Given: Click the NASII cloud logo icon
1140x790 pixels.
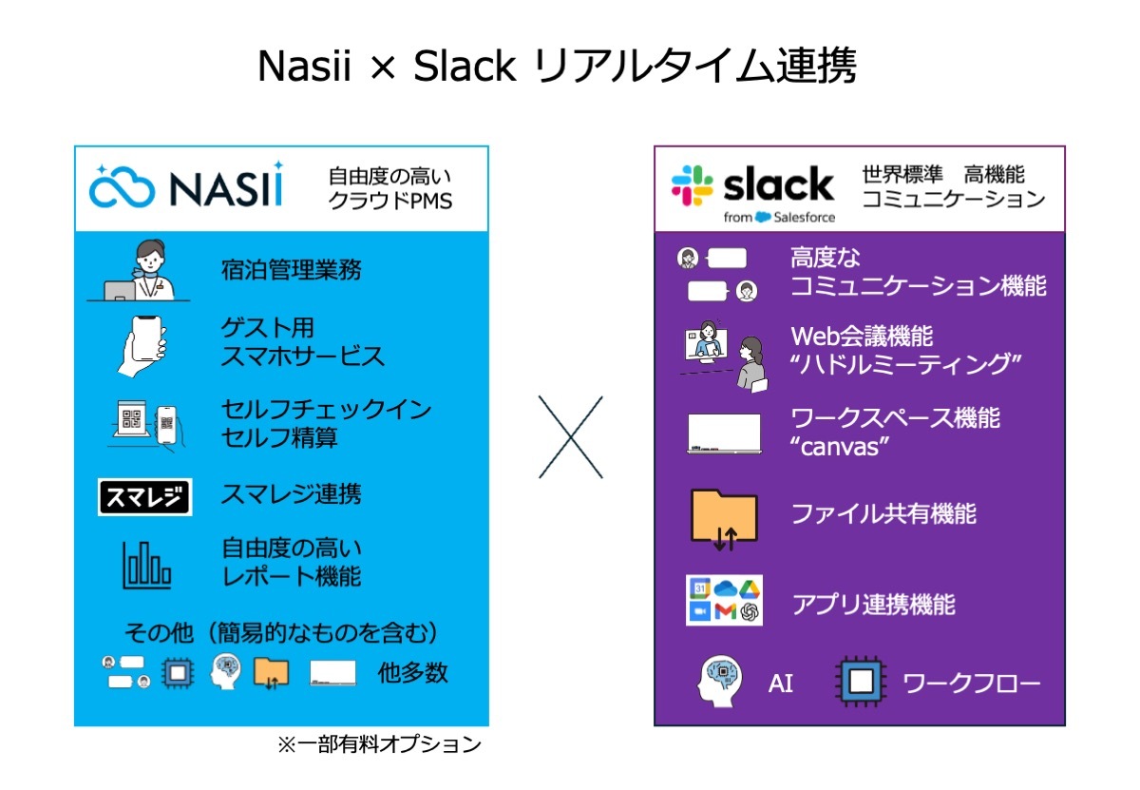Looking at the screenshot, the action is [x=123, y=186].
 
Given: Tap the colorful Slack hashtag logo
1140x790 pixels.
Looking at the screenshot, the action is [x=692, y=185].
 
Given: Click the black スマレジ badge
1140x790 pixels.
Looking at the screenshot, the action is [x=145, y=496].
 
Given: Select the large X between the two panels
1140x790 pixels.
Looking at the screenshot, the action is [x=571, y=437].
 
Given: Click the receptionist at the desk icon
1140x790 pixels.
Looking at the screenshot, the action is [x=139, y=270].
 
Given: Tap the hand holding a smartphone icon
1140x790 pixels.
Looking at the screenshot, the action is [x=142, y=346].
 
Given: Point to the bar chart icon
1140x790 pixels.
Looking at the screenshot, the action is [x=146, y=565].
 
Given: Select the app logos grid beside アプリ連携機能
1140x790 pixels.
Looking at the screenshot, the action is [x=724, y=600].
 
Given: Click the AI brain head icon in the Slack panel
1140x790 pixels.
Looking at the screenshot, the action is [x=719, y=681].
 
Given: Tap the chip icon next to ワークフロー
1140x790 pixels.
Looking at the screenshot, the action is [x=861, y=681].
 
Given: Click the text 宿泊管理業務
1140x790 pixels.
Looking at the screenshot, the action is [x=291, y=270].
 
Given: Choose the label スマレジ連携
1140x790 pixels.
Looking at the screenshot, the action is [x=291, y=493].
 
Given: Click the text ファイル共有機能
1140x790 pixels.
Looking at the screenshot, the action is [x=884, y=513].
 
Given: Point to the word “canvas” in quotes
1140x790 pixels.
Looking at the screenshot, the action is [x=840, y=447].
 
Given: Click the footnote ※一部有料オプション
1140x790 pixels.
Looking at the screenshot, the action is [x=379, y=744].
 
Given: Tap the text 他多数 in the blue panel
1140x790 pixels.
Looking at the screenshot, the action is [x=412, y=672].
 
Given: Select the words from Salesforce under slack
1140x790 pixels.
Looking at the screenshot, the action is [x=779, y=217].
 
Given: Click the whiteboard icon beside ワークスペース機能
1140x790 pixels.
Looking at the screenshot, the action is [x=724, y=433].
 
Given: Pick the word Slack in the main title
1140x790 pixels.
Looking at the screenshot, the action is [x=465, y=67].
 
